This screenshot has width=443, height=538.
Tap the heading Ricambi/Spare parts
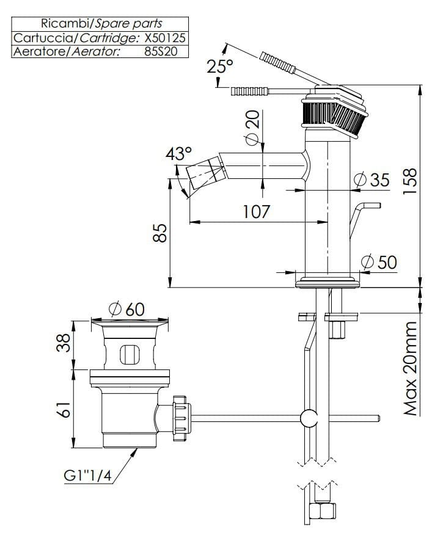(x=101, y=24)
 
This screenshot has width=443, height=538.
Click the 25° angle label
(x=220, y=67)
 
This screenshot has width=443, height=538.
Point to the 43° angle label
(x=178, y=153)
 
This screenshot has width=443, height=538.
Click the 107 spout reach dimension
(x=256, y=213)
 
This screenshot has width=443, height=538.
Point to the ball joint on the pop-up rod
(x=310, y=418)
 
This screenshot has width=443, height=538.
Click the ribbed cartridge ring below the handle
(x=333, y=117)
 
